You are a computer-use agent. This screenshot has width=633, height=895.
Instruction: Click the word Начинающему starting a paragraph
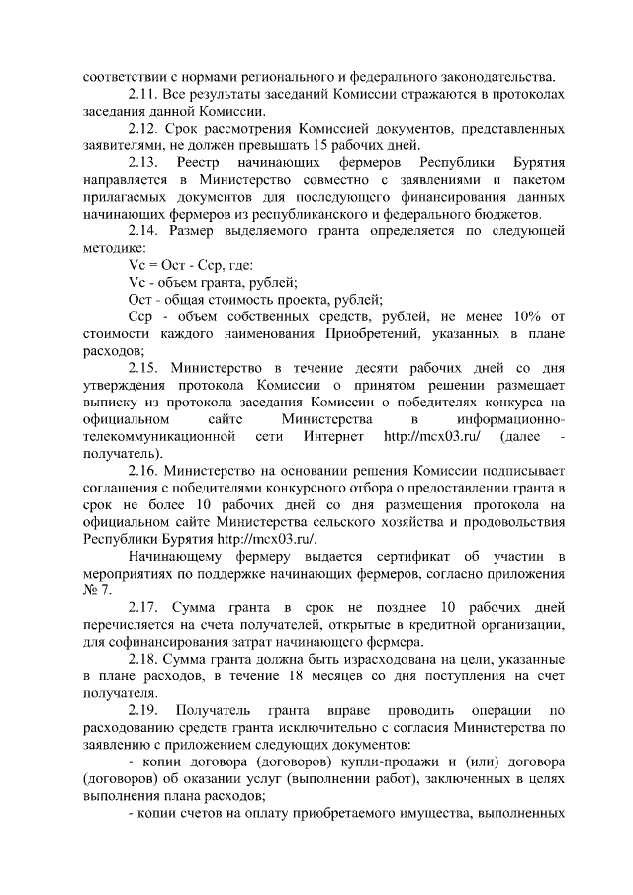coord(178,557)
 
